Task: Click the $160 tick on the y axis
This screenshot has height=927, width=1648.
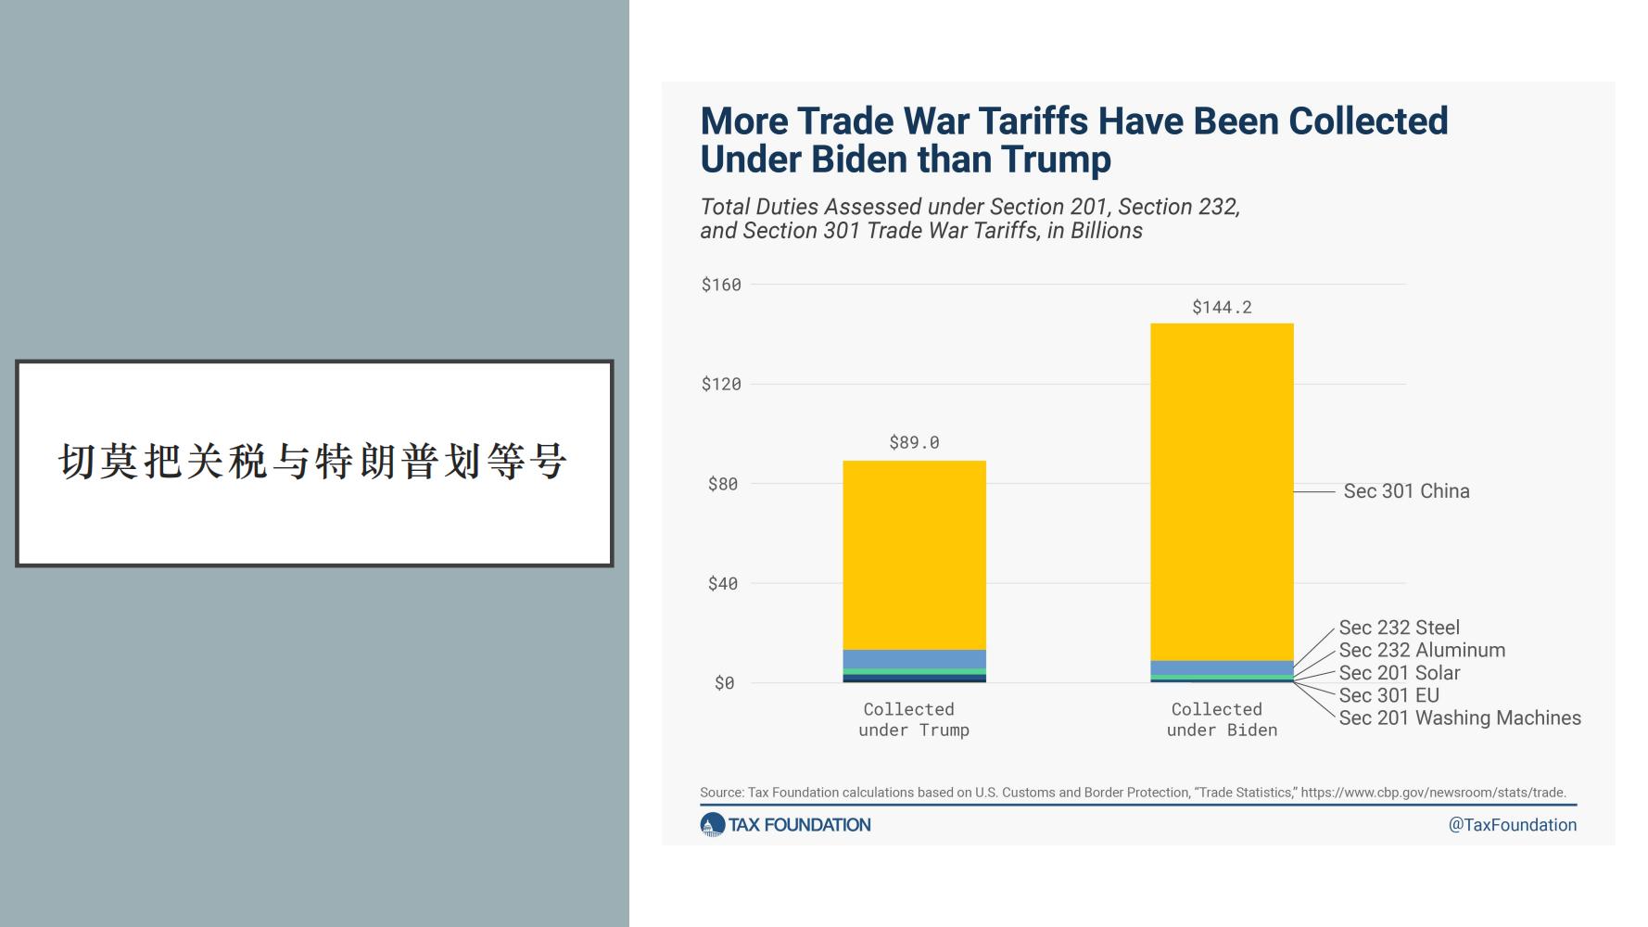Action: [x=721, y=285]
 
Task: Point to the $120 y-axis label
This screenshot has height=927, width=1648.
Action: [x=721, y=384]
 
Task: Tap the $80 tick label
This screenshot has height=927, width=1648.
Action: [x=723, y=484]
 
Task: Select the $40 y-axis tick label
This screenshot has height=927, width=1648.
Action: [x=723, y=583]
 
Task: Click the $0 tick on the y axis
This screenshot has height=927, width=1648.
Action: [x=725, y=683]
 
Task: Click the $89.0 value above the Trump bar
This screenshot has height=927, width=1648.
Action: [x=914, y=442]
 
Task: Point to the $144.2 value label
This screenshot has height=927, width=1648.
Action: [x=1222, y=307]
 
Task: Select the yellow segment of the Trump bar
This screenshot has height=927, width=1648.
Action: [x=914, y=555]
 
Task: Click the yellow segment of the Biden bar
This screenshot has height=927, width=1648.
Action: [x=1222, y=492]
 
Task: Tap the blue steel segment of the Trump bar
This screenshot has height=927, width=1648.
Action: [x=914, y=659]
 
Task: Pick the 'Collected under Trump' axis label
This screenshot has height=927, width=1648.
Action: [x=914, y=719]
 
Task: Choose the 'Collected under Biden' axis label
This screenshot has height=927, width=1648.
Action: [x=1222, y=719]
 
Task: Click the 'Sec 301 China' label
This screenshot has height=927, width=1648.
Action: [x=1406, y=491]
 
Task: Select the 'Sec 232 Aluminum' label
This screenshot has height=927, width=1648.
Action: [x=1422, y=650]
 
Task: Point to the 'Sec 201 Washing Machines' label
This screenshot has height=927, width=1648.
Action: [x=1460, y=717]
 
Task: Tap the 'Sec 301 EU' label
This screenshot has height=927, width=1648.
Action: [x=1388, y=695]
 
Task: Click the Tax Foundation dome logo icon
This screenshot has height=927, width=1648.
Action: [x=712, y=825]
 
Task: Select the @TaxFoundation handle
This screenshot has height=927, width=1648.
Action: [x=1512, y=825]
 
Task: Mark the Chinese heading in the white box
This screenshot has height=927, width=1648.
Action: [x=313, y=462]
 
